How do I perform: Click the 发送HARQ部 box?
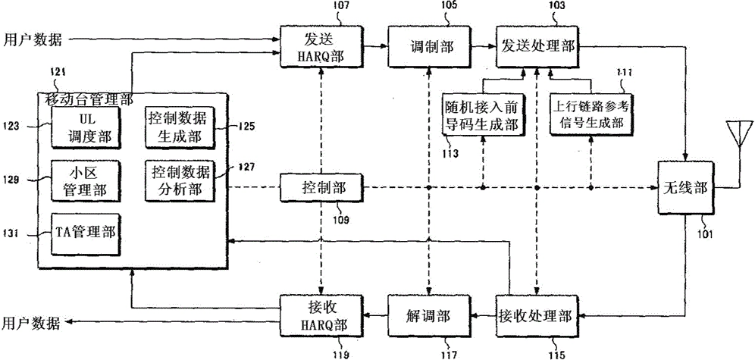click(x=321, y=46)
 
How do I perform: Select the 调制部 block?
click(x=428, y=46)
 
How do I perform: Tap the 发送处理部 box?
click(x=537, y=46)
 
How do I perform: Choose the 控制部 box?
click(x=321, y=188)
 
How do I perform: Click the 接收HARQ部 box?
click(x=321, y=316)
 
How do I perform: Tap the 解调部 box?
click(x=428, y=316)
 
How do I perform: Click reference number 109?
click(x=334, y=221)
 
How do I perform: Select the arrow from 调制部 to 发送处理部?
click(x=483, y=46)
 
